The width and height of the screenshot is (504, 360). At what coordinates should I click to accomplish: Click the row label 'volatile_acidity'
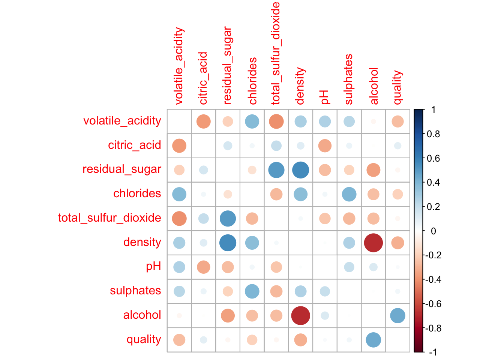122,121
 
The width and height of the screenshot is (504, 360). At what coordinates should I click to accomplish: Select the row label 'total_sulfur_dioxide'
109,218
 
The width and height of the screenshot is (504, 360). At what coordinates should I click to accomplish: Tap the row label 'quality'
144,339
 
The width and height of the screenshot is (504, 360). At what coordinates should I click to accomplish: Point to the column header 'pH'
324,97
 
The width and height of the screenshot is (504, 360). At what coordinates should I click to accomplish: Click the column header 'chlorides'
252,81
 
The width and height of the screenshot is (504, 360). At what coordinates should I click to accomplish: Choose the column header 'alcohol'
374,86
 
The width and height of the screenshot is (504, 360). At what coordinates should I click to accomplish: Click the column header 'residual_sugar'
228,66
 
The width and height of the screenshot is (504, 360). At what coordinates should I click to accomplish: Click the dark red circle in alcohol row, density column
300,315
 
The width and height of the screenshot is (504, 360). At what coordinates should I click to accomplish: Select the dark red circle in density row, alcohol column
373,243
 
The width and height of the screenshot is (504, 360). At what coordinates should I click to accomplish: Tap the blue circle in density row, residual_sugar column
228,243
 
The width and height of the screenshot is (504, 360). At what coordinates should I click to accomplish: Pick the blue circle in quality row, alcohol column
373,340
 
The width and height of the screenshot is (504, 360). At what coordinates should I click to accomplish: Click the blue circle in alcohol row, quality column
397,315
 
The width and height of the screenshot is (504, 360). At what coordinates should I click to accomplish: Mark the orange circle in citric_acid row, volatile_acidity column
179,145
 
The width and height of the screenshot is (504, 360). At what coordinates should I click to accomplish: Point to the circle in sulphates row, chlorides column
252,291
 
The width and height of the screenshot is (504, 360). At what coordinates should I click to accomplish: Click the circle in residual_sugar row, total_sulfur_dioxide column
276,170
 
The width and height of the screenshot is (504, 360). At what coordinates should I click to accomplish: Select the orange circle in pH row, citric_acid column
204,267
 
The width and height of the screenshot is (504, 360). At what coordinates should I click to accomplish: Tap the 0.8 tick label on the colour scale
433,134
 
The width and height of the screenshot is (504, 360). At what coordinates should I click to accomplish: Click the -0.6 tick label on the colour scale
432,304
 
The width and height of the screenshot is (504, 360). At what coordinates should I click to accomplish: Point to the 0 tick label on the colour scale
433,231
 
